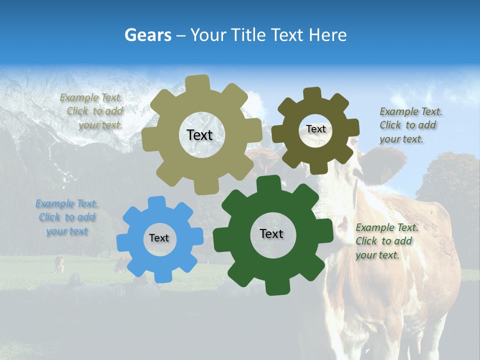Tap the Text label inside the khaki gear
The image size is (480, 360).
point(199,135)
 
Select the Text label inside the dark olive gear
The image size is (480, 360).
point(315,129)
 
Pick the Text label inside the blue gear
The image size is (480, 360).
point(159,238)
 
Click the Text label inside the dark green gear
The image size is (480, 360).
point(271,233)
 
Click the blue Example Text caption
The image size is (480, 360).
point(67,217)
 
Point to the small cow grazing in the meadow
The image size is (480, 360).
point(59,263)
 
